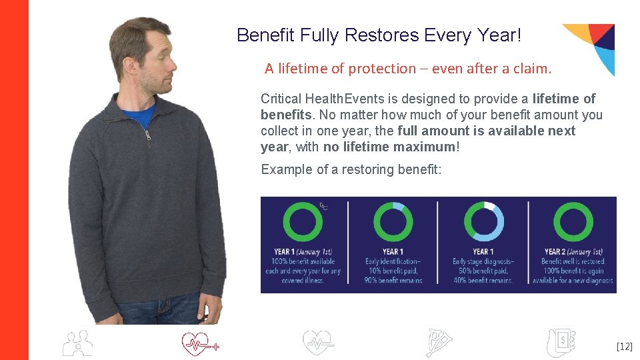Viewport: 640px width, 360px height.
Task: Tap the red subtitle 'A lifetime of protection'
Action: tap(340, 69)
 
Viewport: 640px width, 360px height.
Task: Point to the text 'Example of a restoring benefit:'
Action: tap(351, 169)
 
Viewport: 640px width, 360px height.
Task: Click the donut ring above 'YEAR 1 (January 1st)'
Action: tap(303, 221)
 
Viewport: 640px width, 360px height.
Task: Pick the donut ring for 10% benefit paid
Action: tap(393, 221)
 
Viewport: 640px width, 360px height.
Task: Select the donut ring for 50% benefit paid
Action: tap(483, 221)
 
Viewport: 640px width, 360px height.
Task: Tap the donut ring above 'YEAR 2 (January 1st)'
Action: tap(573, 221)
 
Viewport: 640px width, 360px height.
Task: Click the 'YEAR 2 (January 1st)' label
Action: tap(573, 252)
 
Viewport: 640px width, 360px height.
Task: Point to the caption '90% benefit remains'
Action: tap(393, 281)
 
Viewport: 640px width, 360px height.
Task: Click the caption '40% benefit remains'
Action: tap(483, 281)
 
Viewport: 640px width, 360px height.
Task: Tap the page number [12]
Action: tap(624, 347)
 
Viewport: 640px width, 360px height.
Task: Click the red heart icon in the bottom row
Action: tap(199, 344)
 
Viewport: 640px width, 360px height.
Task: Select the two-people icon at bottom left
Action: tap(77, 343)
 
